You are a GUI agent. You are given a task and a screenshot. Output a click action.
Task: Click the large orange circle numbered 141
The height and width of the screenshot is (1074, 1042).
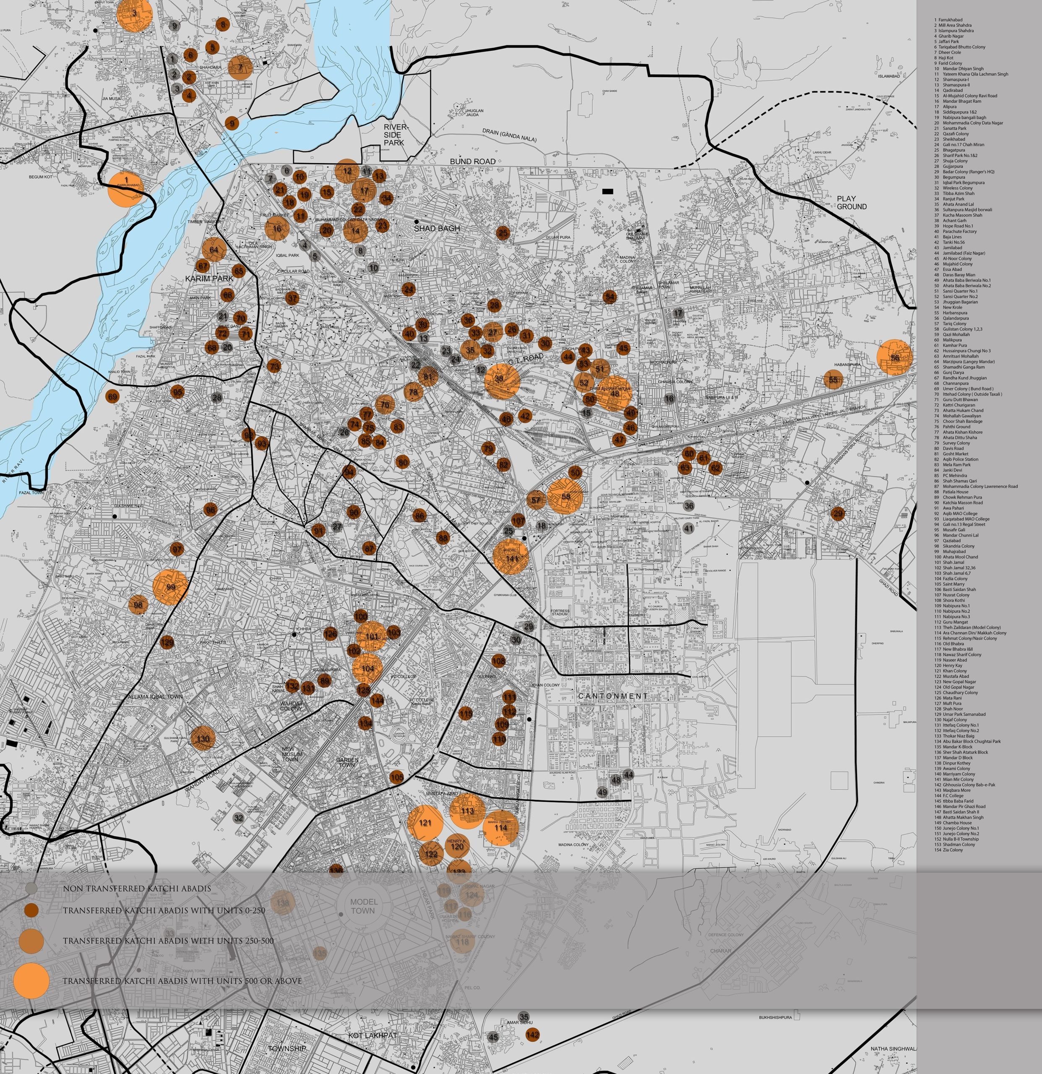[511, 557]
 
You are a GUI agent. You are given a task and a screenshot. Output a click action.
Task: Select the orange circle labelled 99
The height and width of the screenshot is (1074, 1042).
[170, 587]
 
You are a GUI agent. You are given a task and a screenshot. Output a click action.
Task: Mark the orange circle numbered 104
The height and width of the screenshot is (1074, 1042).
[367, 668]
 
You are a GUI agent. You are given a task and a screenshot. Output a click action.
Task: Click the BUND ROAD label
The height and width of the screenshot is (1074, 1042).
[472, 161]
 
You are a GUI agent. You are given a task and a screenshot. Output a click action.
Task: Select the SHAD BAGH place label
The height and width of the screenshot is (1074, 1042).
[437, 228]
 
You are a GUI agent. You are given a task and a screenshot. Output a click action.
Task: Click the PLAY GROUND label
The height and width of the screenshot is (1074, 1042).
[852, 203]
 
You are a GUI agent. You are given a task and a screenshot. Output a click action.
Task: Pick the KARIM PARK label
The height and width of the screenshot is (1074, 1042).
[209, 279]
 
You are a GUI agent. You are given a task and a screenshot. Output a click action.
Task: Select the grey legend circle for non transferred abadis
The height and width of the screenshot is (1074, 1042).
[31, 888]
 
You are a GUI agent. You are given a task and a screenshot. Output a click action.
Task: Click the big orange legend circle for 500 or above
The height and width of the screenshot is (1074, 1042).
[31, 980]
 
